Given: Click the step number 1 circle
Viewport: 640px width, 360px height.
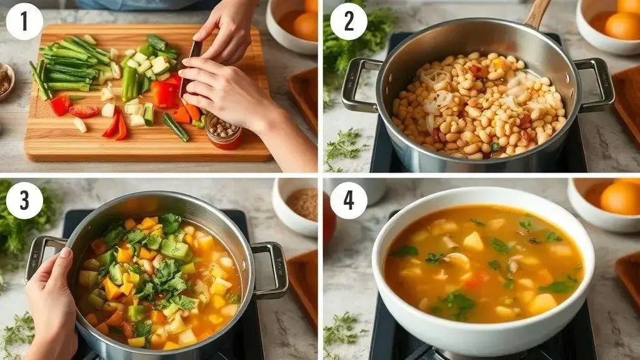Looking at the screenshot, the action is point(24,22).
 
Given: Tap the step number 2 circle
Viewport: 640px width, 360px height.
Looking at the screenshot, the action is point(349,22).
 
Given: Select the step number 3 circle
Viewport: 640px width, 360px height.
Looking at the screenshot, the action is point(24,201).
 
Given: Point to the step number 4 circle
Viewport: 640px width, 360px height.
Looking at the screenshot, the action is point(349,201).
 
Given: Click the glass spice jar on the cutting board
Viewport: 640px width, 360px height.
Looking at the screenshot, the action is point(223,131).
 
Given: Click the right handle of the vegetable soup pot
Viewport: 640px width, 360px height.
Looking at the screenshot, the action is point(269,269).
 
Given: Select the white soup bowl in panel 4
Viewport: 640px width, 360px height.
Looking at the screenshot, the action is point(483,271).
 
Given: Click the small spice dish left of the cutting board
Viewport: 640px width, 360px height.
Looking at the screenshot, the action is point(6,81).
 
